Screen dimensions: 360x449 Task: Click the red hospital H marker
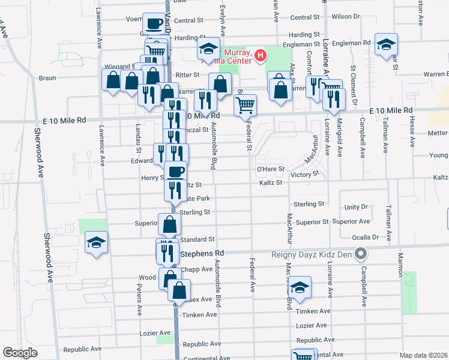[261, 57]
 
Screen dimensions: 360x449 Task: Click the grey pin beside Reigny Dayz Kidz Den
[361, 254]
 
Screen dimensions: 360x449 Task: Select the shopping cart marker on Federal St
[245, 105]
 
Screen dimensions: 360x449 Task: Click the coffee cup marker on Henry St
[175, 172]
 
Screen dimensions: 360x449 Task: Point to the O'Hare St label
[270, 170]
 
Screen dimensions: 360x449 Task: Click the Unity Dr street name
[356, 207]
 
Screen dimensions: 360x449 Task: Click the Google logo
[20, 353]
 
